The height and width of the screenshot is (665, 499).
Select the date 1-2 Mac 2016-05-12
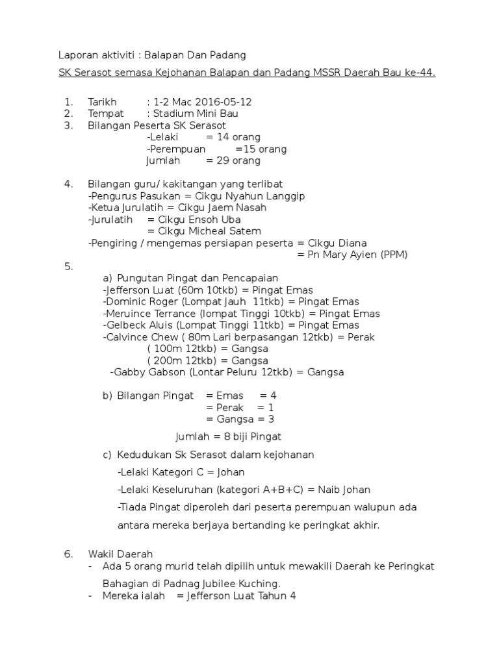point(202,102)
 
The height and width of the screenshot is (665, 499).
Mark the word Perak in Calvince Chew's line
point(361,337)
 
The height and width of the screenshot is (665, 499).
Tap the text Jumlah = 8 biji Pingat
point(228,436)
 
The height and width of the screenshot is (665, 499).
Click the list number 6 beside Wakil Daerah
point(68,554)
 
